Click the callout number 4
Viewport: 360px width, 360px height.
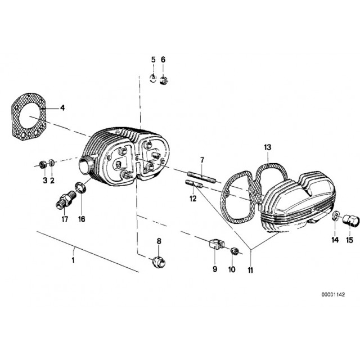point(62,107)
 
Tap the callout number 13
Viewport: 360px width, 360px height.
point(268,148)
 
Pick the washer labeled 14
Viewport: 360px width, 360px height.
point(335,217)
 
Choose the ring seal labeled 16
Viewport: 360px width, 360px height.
point(80,187)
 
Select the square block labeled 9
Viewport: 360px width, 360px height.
point(214,245)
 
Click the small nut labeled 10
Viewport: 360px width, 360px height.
point(235,251)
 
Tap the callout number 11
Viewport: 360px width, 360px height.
point(250,270)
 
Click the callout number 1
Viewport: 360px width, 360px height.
point(73,260)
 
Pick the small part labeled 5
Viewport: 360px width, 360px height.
point(152,78)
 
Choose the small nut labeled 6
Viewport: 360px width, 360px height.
point(164,79)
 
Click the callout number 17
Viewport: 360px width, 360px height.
point(64,219)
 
